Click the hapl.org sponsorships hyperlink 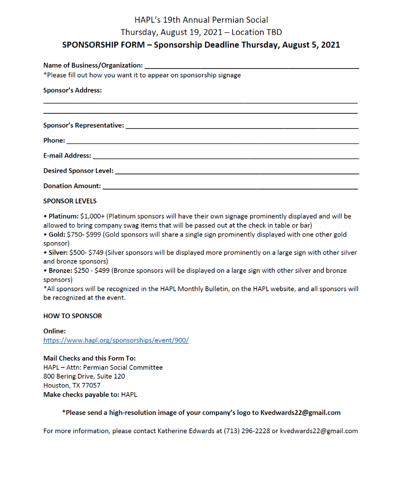[x=116, y=340]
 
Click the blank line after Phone [x=212, y=143]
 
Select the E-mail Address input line [x=226, y=158]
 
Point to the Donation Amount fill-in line [x=230, y=188]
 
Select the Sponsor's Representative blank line [x=242, y=128]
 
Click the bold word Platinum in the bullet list [x=63, y=216]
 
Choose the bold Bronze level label [x=60, y=271]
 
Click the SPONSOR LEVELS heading [x=70, y=201]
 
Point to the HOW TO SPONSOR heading [x=73, y=316]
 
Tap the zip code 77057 [x=91, y=385]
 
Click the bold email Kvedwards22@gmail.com [x=300, y=413]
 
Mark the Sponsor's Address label [x=73, y=90]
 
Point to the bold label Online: [x=55, y=331]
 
